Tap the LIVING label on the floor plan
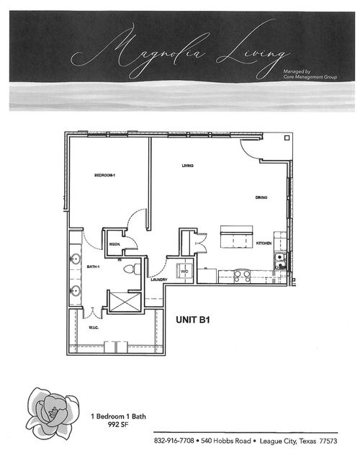coord(187,166)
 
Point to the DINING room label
coord(261,197)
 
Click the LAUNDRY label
coord(159,280)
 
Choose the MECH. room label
coord(114,244)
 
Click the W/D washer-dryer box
coord(184,271)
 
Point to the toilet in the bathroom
coord(130,269)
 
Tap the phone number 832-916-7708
coord(175,440)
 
